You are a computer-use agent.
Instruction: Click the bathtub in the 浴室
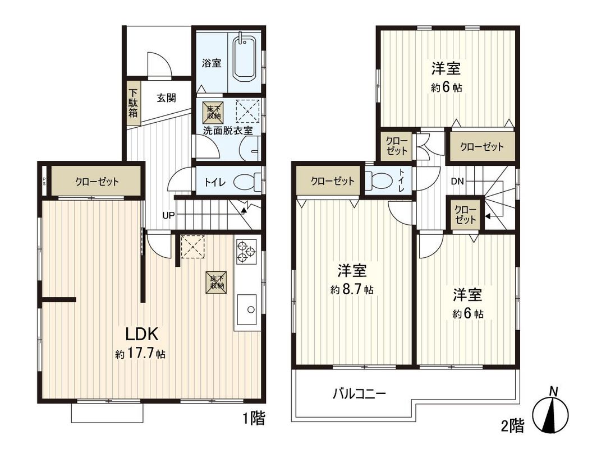pos(244,58)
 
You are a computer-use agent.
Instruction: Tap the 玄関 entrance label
pos(166,98)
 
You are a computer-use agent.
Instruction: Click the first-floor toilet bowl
pos(246,182)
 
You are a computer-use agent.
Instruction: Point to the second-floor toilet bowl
pos(377,180)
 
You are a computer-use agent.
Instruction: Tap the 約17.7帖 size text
pos(140,354)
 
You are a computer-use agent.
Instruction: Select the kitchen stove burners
pos(246,251)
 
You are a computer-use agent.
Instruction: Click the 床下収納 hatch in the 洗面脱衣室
pos(213,112)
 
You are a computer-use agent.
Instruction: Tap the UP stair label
pos(168,215)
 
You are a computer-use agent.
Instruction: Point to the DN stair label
pos(457,181)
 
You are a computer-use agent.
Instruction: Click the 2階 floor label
pos(512,426)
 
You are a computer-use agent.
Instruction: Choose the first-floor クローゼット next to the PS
pos(97,182)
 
